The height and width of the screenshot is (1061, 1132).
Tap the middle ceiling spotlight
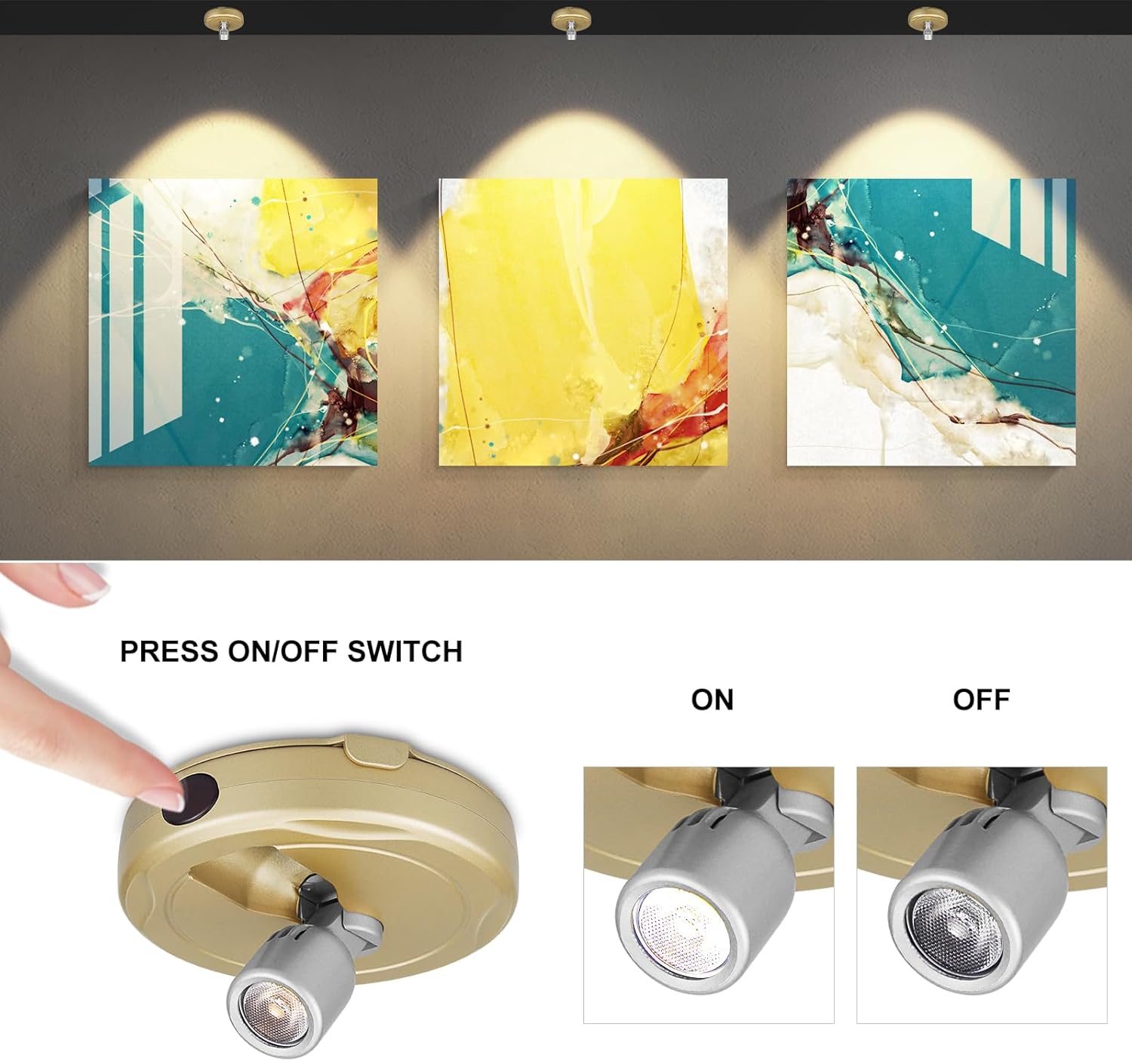(x=571, y=23)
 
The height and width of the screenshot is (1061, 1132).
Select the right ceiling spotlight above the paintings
(x=928, y=23)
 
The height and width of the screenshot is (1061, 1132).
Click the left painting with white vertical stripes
(x=232, y=322)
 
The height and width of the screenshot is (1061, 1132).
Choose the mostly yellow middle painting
(x=583, y=322)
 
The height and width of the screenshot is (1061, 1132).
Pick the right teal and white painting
(x=931, y=322)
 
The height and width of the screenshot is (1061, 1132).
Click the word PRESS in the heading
(x=169, y=651)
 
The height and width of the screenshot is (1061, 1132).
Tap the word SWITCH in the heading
(x=405, y=651)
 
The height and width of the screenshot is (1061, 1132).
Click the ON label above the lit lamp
(x=712, y=700)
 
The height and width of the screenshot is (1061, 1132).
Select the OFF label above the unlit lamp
(x=982, y=700)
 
